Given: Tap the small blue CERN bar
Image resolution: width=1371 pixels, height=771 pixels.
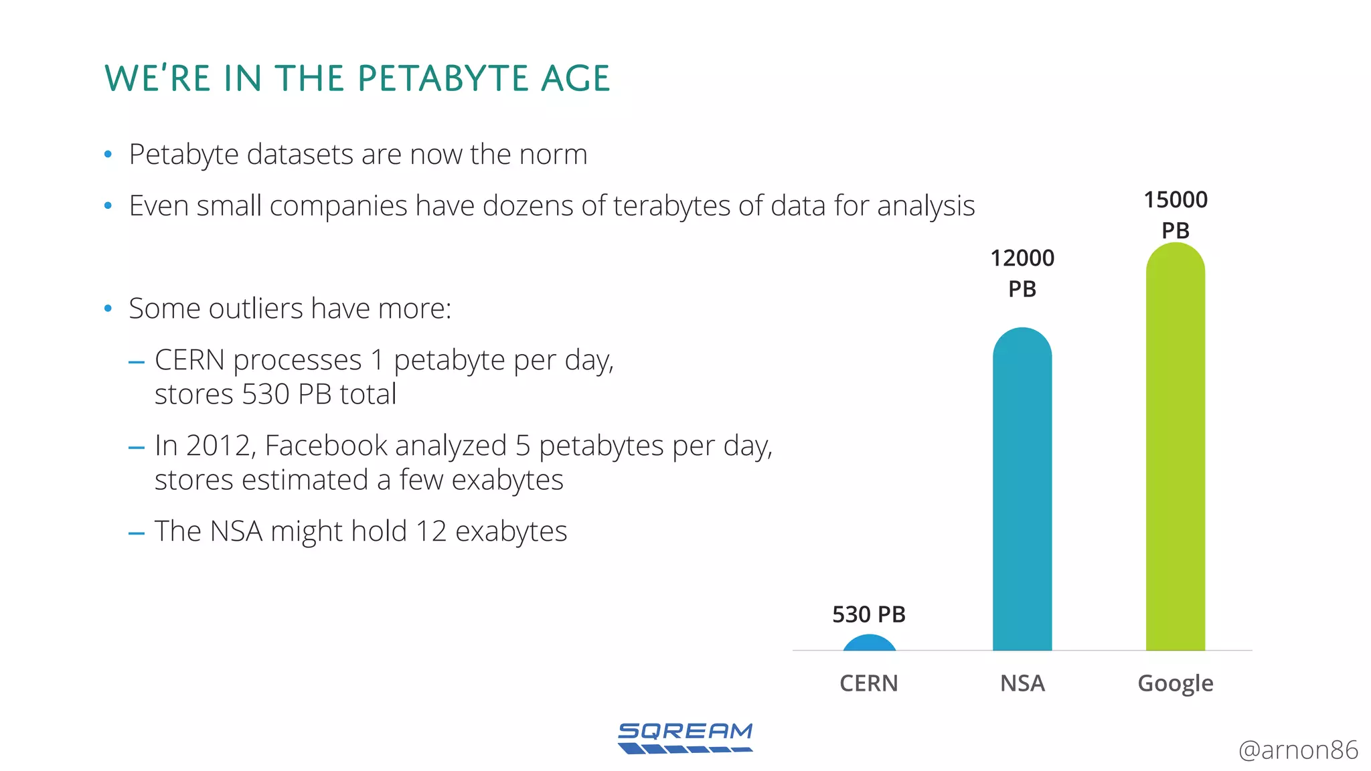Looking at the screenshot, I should point(869,643).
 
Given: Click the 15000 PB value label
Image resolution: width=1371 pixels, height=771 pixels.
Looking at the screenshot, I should point(1175,214).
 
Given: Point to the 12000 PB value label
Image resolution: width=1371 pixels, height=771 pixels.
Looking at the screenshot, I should point(1022,273).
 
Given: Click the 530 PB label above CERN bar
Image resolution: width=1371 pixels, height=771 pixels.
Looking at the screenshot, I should point(868,614).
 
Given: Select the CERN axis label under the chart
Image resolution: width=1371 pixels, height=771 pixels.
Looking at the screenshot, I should point(868,683).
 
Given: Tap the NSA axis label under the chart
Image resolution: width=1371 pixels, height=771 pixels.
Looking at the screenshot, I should point(1022,683).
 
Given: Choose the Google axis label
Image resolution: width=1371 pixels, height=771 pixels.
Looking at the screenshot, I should point(1175,683).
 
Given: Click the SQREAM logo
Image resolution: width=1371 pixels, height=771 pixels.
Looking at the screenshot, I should point(685,738).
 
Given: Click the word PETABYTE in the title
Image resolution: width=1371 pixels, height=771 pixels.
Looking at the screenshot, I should point(443,78).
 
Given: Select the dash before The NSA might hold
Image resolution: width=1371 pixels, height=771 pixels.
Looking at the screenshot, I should point(137,533).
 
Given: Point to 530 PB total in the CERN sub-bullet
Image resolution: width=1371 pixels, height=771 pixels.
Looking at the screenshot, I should point(319,394).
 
